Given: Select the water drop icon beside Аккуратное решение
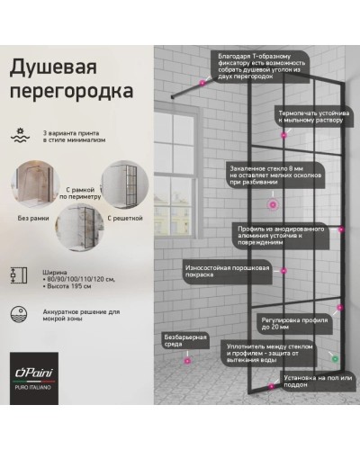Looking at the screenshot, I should click(22, 315).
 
